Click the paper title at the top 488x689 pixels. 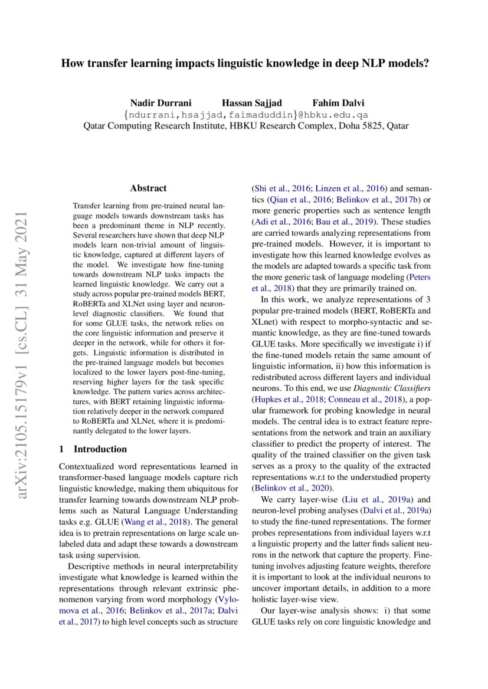244,62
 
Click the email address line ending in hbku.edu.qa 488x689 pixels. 244,114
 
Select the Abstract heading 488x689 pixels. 148,189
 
